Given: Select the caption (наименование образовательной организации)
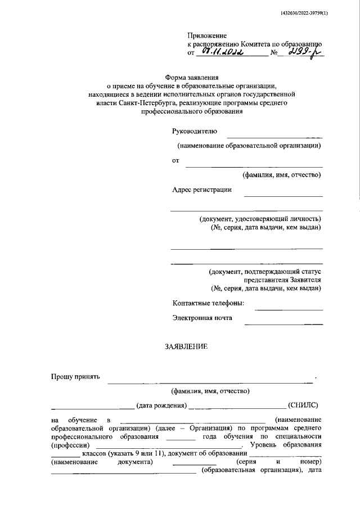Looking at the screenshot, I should [x=249, y=146].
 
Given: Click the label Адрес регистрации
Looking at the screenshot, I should [x=202, y=190].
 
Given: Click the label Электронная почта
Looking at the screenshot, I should [x=202, y=318].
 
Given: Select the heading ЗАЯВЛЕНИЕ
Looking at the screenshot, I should [x=186, y=347].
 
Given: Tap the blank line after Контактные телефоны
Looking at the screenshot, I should [x=289, y=309].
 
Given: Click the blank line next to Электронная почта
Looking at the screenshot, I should [x=283, y=323].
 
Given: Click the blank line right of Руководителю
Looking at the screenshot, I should [x=274, y=137].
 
